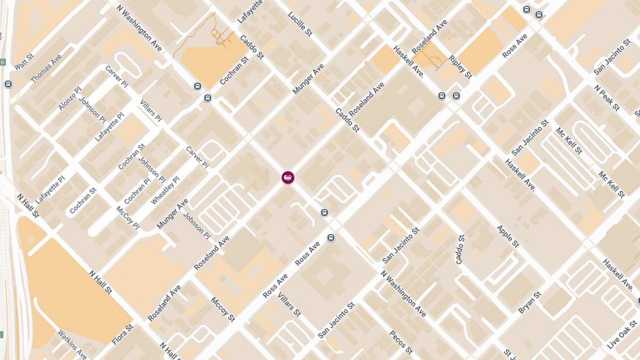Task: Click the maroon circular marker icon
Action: click(x=288, y=178)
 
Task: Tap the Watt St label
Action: click(x=24, y=61)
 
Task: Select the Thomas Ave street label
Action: click(x=46, y=68)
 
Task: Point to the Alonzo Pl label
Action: click(x=70, y=99)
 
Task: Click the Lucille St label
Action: click(x=300, y=24)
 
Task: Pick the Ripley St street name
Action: click(x=460, y=67)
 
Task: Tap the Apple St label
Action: click(x=508, y=236)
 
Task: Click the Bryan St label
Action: click(x=530, y=302)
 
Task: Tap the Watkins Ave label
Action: click(x=72, y=344)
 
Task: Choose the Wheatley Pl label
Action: click(x=165, y=190)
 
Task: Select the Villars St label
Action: click(x=290, y=305)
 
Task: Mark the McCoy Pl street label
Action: click(x=127, y=218)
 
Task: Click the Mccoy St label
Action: click(x=223, y=310)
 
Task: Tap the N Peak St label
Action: click(x=607, y=98)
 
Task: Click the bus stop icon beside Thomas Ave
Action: click(x=8, y=84)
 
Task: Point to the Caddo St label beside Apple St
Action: click(x=460, y=249)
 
